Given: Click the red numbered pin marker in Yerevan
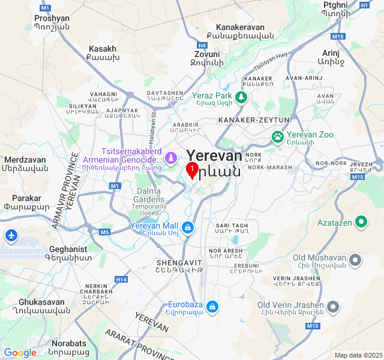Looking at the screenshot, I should (191, 170).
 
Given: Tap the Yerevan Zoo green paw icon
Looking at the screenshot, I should (278, 137).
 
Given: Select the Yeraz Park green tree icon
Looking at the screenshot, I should (241, 97).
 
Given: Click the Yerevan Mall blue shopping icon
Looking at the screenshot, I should (188, 227).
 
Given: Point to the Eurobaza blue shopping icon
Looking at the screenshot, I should (211, 307).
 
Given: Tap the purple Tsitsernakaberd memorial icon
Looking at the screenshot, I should (171, 158).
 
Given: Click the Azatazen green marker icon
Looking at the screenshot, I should (361, 223).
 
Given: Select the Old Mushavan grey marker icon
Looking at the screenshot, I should (355, 260).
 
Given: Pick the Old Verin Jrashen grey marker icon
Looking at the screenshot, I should (334, 307).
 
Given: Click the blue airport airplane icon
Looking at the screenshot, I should (11, 235).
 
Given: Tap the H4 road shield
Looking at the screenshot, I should (202, 45).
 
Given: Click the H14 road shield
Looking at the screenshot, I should (121, 279).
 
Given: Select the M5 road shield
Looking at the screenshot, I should (105, 232).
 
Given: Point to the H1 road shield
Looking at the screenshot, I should (364, 5).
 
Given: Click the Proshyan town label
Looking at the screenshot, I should (52, 18).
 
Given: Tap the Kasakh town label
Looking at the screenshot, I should (102, 49).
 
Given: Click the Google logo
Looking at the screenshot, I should (20, 353).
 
